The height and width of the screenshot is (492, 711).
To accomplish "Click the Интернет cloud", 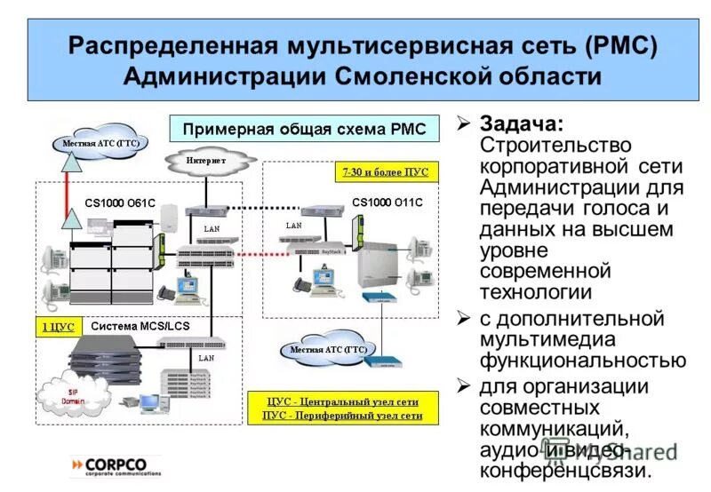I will pos(206,162).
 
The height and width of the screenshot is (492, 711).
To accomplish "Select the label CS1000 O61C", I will pos(120,203).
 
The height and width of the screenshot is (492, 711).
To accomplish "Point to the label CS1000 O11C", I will pos(387,202).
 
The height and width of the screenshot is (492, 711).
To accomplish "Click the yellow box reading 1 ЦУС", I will pos(58,326).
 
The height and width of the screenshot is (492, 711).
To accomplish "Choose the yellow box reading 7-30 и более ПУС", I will pos(385,171).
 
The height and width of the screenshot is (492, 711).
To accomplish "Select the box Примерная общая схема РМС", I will pos(305,129).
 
